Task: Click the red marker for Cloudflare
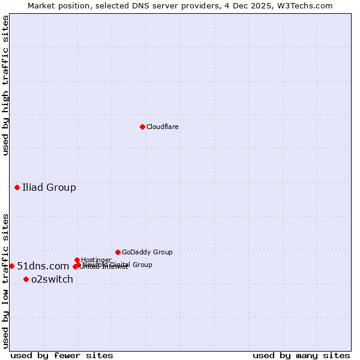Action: point(142,127)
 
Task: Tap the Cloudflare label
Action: point(163,127)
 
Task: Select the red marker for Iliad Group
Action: point(17,188)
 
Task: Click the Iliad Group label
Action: point(49,188)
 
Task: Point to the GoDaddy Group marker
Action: point(118,252)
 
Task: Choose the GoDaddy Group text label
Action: point(147,252)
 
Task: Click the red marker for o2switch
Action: point(26,279)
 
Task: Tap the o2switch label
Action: point(52,280)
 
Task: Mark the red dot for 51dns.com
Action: point(11,266)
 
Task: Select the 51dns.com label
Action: point(43,266)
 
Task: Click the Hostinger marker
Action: point(77,260)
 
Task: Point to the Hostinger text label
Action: point(96,260)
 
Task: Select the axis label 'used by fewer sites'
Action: point(62,355)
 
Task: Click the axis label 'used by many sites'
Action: point(301,355)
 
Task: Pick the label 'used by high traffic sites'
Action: point(6,86)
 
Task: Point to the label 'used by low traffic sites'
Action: point(6,281)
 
